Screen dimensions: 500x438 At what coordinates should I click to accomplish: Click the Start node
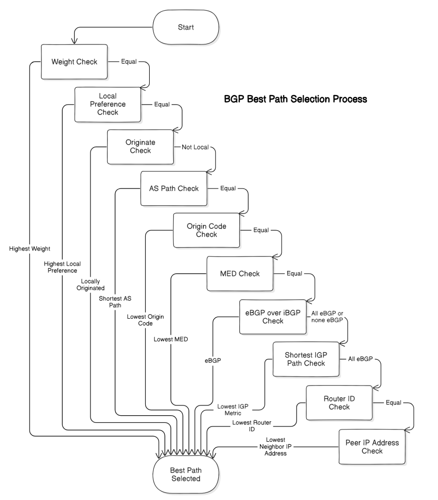click(x=186, y=27)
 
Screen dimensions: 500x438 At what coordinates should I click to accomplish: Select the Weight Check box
click(x=75, y=62)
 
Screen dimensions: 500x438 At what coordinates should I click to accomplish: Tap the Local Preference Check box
click(x=108, y=104)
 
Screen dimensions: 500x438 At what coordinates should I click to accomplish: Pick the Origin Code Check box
click(x=206, y=230)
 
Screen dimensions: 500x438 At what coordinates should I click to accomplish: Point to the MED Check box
click(x=239, y=273)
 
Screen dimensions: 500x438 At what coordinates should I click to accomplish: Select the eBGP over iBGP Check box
click(x=273, y=316)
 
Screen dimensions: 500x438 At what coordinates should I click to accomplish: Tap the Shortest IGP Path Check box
click(x=306, y=359)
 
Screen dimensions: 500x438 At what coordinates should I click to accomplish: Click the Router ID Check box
click(x=339, y=402)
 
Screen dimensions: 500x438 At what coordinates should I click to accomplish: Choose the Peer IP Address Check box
click(x=372, y=446)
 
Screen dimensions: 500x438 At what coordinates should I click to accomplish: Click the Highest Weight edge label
click(x=29, y=248)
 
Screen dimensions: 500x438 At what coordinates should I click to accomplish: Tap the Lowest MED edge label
click(x=171, y=339)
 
